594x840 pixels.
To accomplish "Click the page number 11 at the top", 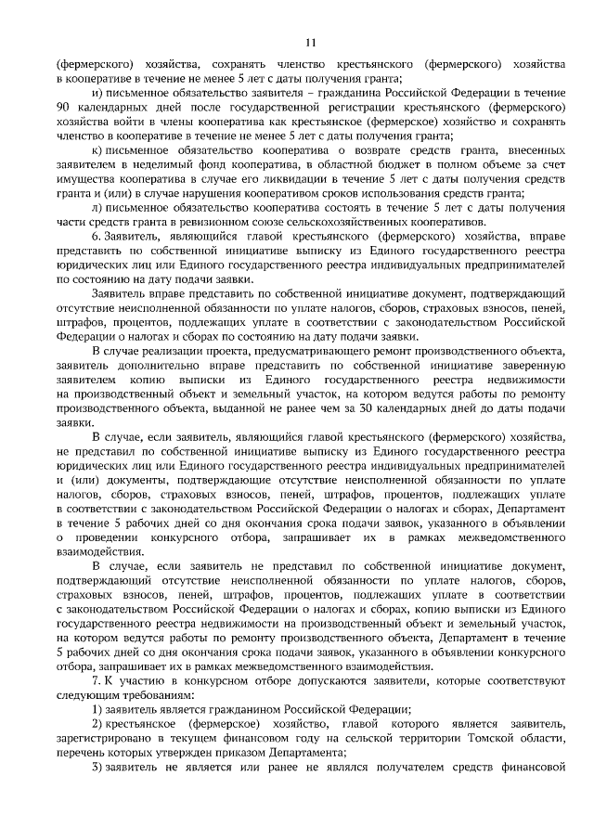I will pyautogui.click(x=311, y=41).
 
